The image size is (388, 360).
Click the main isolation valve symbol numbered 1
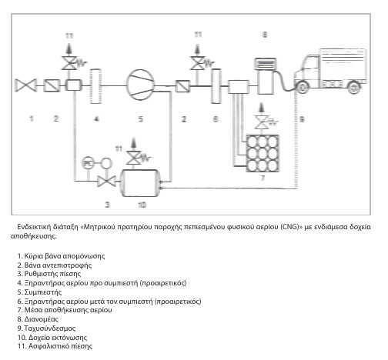25,85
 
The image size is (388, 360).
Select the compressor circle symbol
140,85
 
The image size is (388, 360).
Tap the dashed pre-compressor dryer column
96,86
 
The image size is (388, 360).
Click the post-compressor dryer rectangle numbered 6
216,86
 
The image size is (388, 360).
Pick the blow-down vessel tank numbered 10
140,183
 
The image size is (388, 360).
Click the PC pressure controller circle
88,163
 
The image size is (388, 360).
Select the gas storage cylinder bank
263,153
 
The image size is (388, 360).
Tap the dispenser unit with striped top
266,76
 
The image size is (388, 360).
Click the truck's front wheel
303,87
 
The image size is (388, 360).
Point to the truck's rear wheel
354,87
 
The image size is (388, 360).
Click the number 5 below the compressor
141,119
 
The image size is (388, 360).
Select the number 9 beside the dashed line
302,119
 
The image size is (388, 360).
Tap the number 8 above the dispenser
265,35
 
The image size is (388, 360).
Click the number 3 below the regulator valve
107,205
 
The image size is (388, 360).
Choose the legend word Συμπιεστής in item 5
43,292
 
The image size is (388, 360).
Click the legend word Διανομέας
42,319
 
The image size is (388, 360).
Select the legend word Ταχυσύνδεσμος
50,328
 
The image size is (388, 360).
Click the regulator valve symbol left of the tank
107,182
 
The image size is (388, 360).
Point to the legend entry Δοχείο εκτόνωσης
58,338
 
